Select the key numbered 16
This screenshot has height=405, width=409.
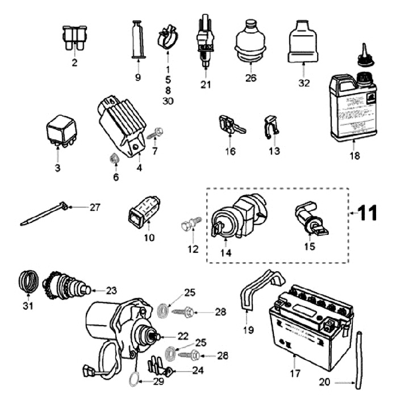(230, 125)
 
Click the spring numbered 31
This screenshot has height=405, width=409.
(28, 281)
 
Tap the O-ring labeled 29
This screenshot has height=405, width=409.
(132, 378)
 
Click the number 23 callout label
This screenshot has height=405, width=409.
(110, 290)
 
